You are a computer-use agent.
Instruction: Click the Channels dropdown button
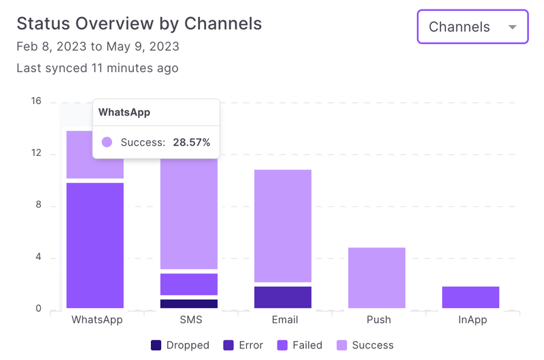click(x=472, y=27)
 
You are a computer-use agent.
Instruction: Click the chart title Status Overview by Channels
click(x=139, y=23)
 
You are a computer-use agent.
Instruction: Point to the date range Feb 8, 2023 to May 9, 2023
click(x=98, y=47)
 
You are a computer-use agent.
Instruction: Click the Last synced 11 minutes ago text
click(x=97, y=68)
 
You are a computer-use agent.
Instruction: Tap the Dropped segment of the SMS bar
click(x=189, y=304)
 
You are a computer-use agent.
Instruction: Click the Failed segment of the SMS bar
click(x=189, y=284)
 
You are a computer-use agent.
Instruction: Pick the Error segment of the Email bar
click(x=283, y=297)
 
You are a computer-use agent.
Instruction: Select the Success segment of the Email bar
click(x=283, y=225)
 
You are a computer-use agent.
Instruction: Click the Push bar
click(x=377, y=278)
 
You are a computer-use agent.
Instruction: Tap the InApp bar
click(x=471, y=297)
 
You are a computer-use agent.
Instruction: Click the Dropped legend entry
click(x=180, y=345)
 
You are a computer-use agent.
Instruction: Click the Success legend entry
click(x=364, y=345)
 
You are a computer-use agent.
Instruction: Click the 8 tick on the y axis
click(x=38, y=206)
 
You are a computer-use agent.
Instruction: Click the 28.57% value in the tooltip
click(x=191, y=142)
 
